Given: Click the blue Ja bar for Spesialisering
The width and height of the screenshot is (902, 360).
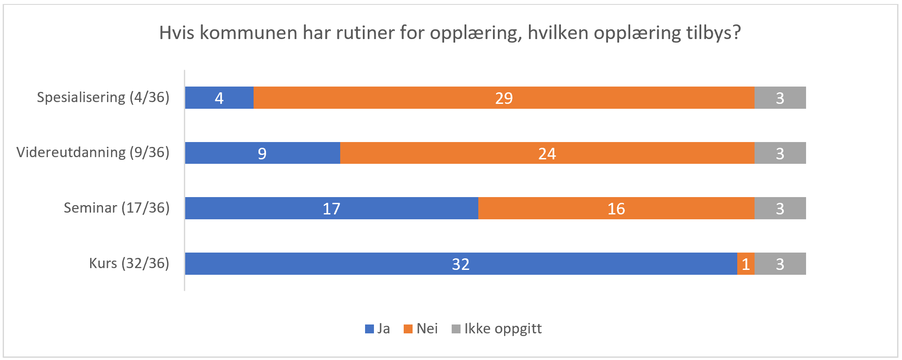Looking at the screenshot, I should coord(219,98).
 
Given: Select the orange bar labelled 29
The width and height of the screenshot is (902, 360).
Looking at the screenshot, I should coord(504,98).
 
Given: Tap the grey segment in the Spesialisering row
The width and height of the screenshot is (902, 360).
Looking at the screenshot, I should coord(780,98).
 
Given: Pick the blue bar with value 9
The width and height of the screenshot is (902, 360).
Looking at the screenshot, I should coord(262,153).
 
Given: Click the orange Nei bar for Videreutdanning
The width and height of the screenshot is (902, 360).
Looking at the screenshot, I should coord(547,153).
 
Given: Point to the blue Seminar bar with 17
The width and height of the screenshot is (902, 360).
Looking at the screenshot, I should coord(331,208).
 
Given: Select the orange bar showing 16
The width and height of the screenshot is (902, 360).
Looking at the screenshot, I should coord(616,208).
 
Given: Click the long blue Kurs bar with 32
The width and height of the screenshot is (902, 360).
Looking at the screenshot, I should coord(461,264).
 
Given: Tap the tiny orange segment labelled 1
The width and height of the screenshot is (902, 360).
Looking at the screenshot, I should coord(746,264).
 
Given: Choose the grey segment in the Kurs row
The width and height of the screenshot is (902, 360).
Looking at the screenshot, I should coord(780,264).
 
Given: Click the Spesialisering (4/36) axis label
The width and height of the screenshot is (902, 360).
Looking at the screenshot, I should coord(103,97).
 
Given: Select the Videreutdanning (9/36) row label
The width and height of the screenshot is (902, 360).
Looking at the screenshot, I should coord(93,152).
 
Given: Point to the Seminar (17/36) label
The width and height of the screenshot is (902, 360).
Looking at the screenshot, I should coord(116,208).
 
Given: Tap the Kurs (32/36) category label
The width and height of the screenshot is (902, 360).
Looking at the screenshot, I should coord(129,263).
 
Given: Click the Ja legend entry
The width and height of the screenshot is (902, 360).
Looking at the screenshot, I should coord(378,328).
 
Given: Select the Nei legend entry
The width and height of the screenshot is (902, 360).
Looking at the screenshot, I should coord(421,328).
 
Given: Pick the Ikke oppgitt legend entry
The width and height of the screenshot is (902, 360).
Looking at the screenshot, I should coord(497,328).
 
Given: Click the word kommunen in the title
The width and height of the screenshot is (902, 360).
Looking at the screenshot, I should coord(248,33).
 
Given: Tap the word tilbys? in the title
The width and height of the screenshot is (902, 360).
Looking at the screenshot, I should coord(713,33).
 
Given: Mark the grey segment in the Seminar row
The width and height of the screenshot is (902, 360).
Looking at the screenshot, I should coord(780,208).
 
